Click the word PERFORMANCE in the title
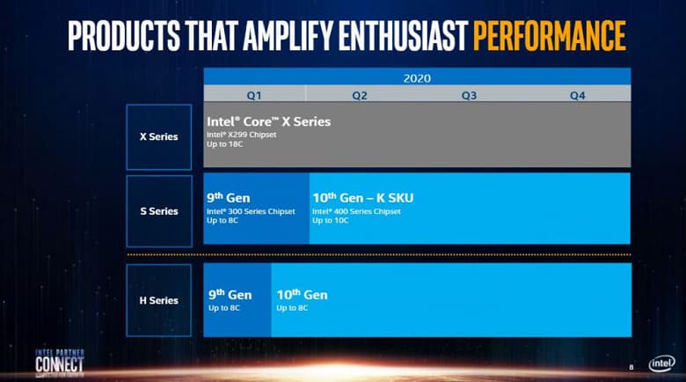point(549,34)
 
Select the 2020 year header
point(417,77)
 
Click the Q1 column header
point(253,94)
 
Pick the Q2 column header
point(360,94)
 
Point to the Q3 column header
point(469,94)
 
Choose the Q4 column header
point(577,94)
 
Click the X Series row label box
point(158,136)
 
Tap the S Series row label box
point(158,211)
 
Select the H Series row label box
point(158,300)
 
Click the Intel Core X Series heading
point(268,121)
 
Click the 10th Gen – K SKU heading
point(362,198)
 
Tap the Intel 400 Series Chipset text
point(356,211)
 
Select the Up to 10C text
point(331,220)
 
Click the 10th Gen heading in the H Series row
point(302,295)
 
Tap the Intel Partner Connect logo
point(60,361)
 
